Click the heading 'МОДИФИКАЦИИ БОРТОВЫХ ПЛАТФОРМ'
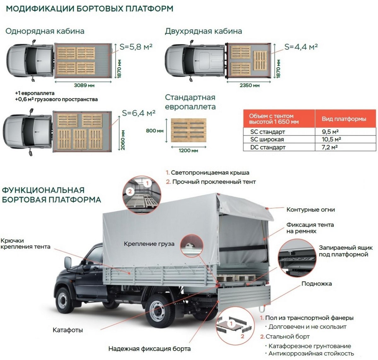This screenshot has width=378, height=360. point(89,8)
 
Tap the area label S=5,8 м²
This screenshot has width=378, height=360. point(136,47)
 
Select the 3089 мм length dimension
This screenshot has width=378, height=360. point(84,85)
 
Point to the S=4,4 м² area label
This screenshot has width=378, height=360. point(301,47)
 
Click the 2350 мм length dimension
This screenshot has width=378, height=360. point(249,85)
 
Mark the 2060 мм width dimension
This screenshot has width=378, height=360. point(123,140)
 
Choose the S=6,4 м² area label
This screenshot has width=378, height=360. point(139,113)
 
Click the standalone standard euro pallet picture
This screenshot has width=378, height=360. point(188,130)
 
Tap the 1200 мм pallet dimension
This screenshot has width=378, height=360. point(188,151)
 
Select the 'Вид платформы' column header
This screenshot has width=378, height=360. point(344,119)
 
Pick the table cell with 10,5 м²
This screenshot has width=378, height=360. point(331,139)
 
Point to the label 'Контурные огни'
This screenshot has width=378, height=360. point(310,210)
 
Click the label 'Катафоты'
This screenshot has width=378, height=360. point(68,330)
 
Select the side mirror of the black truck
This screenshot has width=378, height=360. point(68,263)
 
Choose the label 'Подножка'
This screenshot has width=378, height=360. point(316,284)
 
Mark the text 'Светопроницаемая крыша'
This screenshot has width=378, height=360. point(210,173)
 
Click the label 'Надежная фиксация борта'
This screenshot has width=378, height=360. point(149,349)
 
